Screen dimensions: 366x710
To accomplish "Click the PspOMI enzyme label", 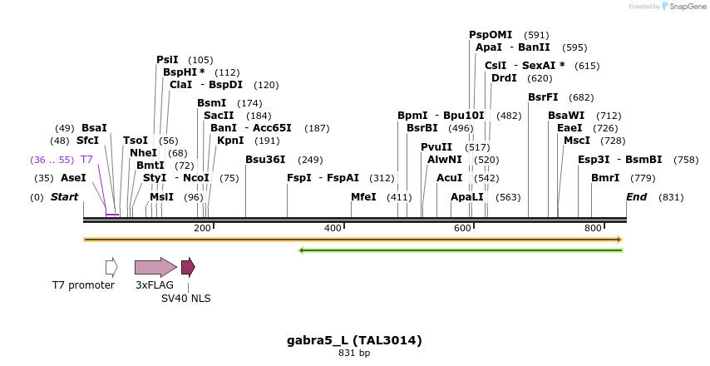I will (x=491, y=35).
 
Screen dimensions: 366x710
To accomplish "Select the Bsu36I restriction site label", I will (x=265, y=160).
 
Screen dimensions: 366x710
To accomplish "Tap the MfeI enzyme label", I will (x=363, y=197).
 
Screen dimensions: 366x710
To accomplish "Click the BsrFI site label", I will (x=543, y=97).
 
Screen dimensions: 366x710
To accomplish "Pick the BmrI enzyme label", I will (x=605, y=178).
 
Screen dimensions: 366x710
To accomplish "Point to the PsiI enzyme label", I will (x=167, y=60).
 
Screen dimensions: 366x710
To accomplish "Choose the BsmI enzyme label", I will (x=211, y=103).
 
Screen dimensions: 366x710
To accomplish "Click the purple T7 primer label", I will (x=86, y=159).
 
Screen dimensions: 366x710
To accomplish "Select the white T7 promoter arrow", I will (x=111, y=267).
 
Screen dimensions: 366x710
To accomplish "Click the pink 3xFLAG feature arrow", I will (x=155, y=267).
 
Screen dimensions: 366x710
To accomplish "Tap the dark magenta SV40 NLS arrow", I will (x=188, y=267).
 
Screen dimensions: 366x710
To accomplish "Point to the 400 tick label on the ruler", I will (x=333, y=228).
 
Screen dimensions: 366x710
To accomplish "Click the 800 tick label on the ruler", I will (x=593, y=228).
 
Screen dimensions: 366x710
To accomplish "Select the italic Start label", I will (x=64, y=197).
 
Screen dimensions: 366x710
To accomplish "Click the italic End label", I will (x=636, y=197).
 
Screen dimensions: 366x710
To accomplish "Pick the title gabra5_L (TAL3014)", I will (x=354, y=340).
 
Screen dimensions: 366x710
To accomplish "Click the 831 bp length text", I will (x=354, y=354).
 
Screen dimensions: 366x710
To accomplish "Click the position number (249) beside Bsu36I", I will (x=310, y=160).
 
